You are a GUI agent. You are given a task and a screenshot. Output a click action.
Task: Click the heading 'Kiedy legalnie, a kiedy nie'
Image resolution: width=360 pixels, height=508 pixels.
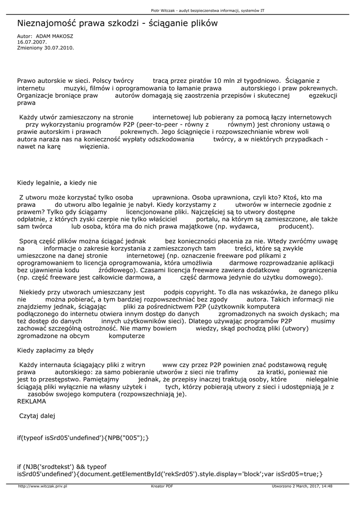[x=57, y=183]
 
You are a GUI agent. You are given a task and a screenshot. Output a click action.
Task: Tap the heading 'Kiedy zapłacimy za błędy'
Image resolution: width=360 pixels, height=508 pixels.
[x=55, y=350]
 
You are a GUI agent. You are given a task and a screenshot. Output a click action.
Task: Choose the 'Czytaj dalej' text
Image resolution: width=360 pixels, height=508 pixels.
[x=37, y=416]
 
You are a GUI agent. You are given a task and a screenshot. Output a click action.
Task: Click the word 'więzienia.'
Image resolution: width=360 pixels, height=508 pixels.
[x=94, y=147]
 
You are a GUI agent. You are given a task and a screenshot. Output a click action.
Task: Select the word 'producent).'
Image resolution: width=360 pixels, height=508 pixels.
[x=296, y=226]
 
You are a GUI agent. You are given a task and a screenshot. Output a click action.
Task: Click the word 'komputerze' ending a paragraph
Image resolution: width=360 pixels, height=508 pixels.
[x=127, y=336]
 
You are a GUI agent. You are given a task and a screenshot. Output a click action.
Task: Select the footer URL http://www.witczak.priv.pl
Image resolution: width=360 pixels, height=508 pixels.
[x=42, y=487]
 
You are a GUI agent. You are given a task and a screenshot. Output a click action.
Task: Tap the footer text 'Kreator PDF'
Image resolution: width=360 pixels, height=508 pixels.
[x=162, y=487]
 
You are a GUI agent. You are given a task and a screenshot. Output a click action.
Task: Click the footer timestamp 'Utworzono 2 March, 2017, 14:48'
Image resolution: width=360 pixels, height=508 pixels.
[x=302, y=487]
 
